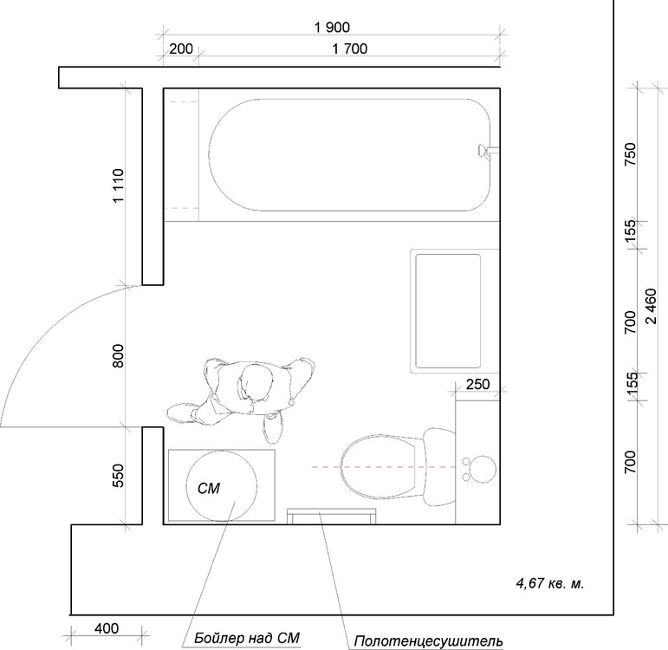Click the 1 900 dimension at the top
pyautogui.click(x=332, y=28)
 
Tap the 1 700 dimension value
pyautogui.click(x=349, y=49)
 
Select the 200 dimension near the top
pyautogui.click(x=181, y=49)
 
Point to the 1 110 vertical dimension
pyautogui.click(x=118, y=185)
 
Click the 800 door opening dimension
pyautogui.click(x=118, y=355)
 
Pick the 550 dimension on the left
pyautogui.click(x=118, y=476)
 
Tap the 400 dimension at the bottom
pyautogui.click(x=107, y=628)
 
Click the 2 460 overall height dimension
pyautogui.click(x=652, y=306)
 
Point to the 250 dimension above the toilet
pyautogui.click(x=477, y=385)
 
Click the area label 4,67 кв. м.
pyautogui.click(x=550, y=582)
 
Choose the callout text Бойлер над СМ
pyautogui.click(x=247, y=638)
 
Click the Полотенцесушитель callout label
pyautogui.click(x=428, y=641)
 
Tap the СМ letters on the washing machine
pyautogui.click(x=209, y=488)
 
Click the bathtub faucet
pyautogui.click(x=488, y=151)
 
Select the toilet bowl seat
pyautogui.click(x=379, y=467)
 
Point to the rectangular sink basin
pyautogui.click(x=448, y=311)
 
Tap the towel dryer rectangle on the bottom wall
pyautogui.click(x=332, y=517)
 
